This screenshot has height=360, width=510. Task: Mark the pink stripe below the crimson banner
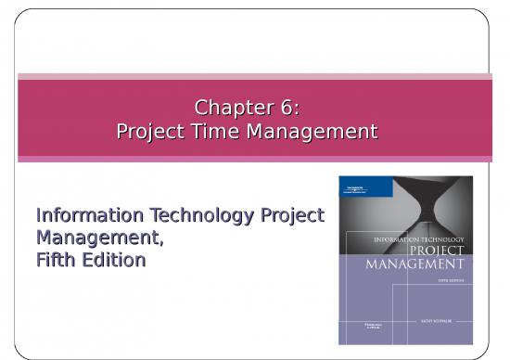255,159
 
